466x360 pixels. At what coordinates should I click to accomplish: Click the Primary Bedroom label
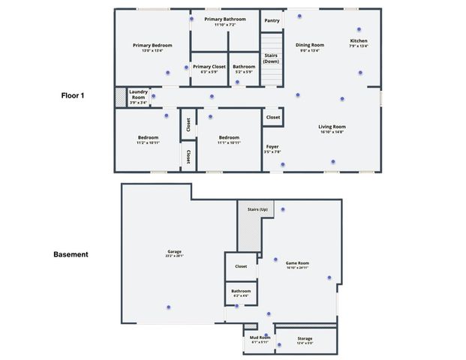pos(152,45)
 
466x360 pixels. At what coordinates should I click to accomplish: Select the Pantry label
pos(272,21)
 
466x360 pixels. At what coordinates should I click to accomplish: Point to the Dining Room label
pos(309,45)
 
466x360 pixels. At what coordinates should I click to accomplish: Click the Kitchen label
pos(359,40)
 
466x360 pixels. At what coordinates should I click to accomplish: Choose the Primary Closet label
pos(209,67)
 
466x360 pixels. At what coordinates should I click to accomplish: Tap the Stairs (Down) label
pos(272,58)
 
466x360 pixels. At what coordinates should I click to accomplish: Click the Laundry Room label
pos(138,94)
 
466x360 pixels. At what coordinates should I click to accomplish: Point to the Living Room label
pos(332,127)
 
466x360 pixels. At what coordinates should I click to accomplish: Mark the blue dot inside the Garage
pos(169,307)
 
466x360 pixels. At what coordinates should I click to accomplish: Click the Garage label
pos(174,252)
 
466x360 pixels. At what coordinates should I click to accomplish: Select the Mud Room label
pos(260,338)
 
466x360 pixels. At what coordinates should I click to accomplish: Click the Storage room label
pos(304,338)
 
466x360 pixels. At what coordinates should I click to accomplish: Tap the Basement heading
pos(71,254)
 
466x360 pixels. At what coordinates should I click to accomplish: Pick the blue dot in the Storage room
pos(279,345)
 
